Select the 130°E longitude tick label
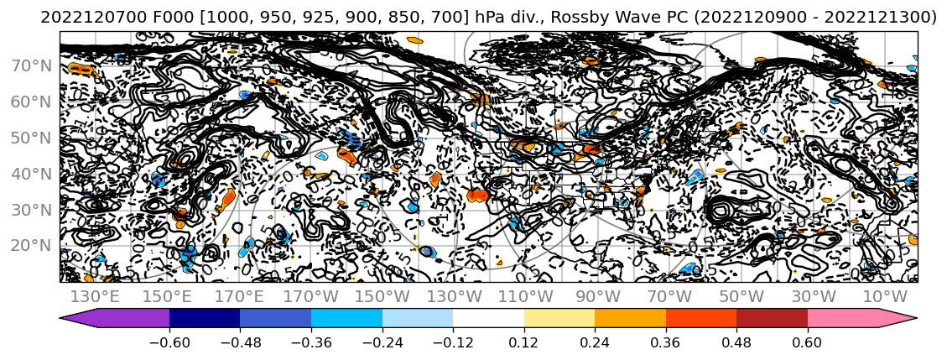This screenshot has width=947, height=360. tap(93, 296)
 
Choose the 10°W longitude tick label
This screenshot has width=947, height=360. tap(885, 296)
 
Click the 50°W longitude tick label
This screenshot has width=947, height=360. tap(741, 296)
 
